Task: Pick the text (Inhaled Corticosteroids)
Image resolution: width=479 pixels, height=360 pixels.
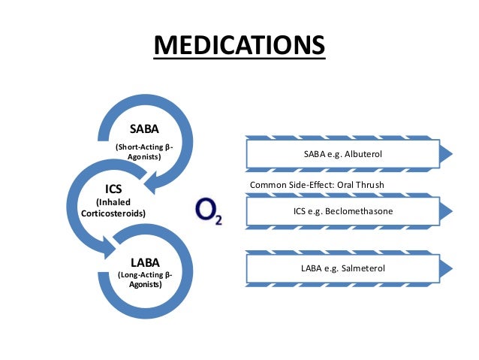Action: click(113, 208)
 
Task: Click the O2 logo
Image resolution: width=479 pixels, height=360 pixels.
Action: click(208, 210)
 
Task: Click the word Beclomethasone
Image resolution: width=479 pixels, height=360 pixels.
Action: click(363, 211)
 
